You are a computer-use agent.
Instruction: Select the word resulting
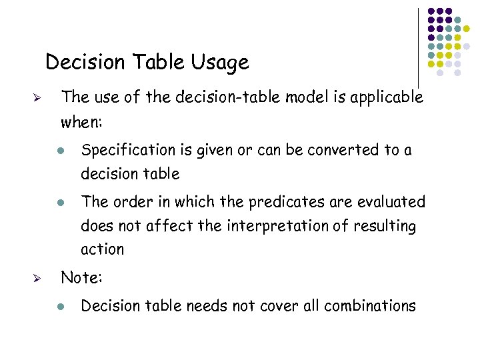pyautogui.click(x=384, y=227)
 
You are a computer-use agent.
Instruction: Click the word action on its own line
pyautogui.click(x=102, y=249)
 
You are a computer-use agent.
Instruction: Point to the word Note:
pyautogui.click(x=80, y=277)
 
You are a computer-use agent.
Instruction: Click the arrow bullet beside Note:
pyautogui.click(x=38, y=278)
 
